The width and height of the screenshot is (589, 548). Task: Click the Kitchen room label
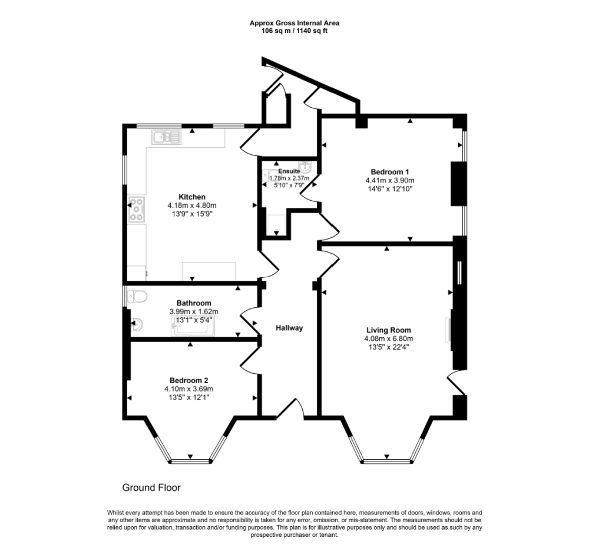pyautogui.click(x=192, y=197)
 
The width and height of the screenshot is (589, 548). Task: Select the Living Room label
pyautogui.click(x=388, y=330)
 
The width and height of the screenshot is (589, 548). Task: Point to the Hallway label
pyautogui.click(x=289, y=328)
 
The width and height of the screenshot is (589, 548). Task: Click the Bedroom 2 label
pyautogui.click(x=188, y=380)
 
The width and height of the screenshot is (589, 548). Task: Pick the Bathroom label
pyautogui.click(x=194, y=303)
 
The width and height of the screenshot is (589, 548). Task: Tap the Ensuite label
pyautogui.click(x=289, y=171)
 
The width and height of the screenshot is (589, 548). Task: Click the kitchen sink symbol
pyautogui.click(x=167, y=137)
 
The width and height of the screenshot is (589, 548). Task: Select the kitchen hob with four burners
pyautogui.click(x=137, y=210)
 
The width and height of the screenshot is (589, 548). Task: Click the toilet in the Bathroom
pyautogui.click(x=137, y=297)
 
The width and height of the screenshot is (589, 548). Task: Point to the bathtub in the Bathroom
pyautogui.click(x=193, y=326)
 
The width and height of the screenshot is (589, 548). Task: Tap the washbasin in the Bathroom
pyautogui.click(x=137, y=324)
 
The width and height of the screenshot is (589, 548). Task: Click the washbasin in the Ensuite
pyautogui.click(x=307, y=166)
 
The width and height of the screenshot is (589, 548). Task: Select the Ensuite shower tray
pyautogui.click(x=276, y=225)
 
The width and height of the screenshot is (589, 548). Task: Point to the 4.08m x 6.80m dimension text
pyautogui.click(x=388, y=338)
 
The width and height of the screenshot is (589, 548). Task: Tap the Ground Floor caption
pyautogui.click(x=151, y=487)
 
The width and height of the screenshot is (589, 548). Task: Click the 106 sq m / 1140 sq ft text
pyautogui.click(x=294, y=31)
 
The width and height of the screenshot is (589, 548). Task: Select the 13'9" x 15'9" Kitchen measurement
pyautogui.click(x=192, y=214)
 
